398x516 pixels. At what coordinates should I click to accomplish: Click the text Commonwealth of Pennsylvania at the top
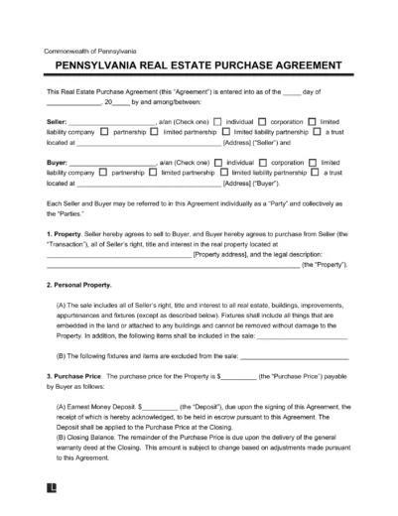point(90,51)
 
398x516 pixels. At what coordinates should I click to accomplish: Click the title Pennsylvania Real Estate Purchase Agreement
point(198,68)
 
